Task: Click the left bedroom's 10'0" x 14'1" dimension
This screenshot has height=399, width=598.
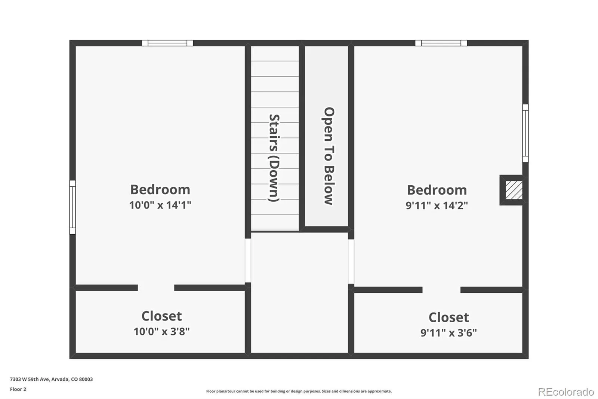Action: tap(160, 205)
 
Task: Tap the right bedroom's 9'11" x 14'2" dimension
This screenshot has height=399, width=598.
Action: tap(437, 205)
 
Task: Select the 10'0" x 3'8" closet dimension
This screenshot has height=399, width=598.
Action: tap(161, 332)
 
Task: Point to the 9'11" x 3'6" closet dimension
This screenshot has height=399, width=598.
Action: tap(449, 333)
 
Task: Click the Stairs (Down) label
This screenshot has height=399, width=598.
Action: tap(274, 158)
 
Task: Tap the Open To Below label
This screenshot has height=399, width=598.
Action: tap(329, 156)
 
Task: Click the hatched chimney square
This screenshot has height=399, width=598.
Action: tap(514, 190)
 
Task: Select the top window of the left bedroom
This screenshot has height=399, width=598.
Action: tap(167, 43)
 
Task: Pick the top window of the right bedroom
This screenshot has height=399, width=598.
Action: tap(441, 43)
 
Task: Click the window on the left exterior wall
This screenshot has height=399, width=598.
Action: tap(73, 207)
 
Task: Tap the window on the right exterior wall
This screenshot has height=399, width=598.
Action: tap(525, 133)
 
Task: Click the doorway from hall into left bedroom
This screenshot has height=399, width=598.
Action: tap(248, 261)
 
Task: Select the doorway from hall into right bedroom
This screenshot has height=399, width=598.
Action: tap(351, 262)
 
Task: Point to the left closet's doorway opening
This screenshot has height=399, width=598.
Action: tap(156, 288)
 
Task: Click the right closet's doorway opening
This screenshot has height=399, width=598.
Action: tap(441, 290)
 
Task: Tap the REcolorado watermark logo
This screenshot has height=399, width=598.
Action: tap(566, 392)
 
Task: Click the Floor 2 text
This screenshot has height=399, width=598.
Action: tap(18, 389)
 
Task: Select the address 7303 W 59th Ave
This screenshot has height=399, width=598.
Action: tap(30, 379)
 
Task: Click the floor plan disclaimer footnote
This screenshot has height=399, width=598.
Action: tap(299, 391)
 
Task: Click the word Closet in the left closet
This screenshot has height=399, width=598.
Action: tap(161, 316)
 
